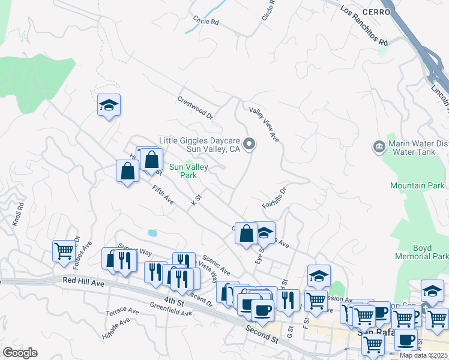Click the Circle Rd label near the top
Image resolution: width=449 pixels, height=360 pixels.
[x=206, y=21]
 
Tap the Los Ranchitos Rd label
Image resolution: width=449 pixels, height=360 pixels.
[x=364, y=26]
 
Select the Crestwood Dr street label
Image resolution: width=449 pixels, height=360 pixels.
[x=195, y=107]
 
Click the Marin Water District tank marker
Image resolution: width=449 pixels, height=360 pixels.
[x=379, y=146]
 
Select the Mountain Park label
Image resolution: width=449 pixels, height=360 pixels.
[x=417, y=186]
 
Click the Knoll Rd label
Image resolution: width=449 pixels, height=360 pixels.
[x=17, y=213]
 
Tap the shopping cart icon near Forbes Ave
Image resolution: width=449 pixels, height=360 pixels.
[x=63, y=250]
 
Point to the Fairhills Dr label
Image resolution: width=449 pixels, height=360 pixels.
[x=275, y=197]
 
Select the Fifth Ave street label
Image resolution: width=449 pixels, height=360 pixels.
[x=163, y=196]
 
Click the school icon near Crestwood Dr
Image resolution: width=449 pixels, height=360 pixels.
[x=109, y=105]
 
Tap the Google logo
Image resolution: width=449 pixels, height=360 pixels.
[x=20, y=353]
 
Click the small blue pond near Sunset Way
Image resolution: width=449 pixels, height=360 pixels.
[x=152, y=232]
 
